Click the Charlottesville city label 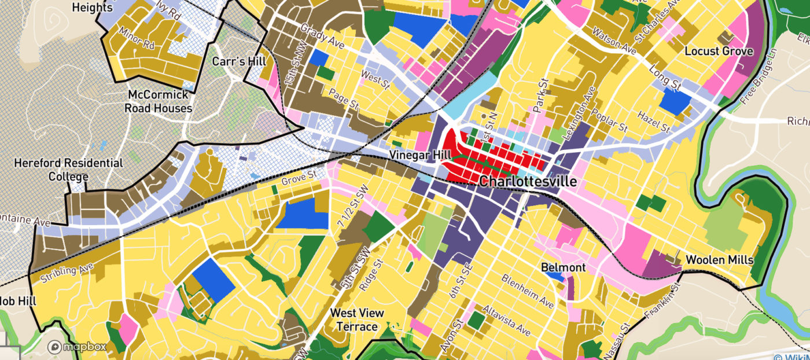pyautogui.click(x=528, y=181)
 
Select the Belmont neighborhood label pyautogui.click(x=563, y=268)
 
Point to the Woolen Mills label pyautogui.click(x=719, y=260)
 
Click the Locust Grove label pyautogui.click(x=719, y=51)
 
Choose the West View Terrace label pyautogui.click(x=356, y=319)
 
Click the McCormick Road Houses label pyautogui.click(x=159, y=101)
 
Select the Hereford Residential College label pyautogui.click(x=68, y=170)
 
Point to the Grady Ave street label pyautogui.click(x=322, y=36)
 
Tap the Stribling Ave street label pyautogui.click(x=67, y=273)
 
